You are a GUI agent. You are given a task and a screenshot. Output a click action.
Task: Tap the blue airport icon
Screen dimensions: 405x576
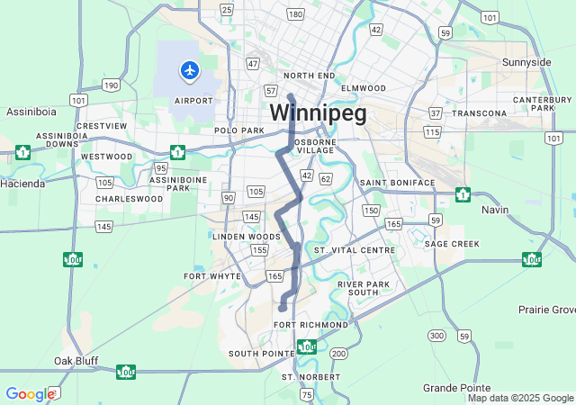[x=189, y=69]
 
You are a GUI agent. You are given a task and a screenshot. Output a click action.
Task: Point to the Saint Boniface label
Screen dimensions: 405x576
[x=397, y=183]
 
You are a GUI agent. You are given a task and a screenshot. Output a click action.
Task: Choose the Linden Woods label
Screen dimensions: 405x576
[x=239, y=236]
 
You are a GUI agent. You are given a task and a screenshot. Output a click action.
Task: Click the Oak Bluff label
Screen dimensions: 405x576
[x=76, y=361]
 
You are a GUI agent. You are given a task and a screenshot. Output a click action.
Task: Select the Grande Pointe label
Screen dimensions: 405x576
[x=455, y=387]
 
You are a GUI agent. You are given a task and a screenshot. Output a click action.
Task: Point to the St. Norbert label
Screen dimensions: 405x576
[x=311, y=376]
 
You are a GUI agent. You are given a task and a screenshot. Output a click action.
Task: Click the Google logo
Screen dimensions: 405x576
[x=30, y=394]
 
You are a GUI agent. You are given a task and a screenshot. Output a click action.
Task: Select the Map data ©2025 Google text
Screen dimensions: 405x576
[x=520, y=398]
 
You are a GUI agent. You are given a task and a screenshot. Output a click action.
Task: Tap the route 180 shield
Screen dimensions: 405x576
[x=295, y=14]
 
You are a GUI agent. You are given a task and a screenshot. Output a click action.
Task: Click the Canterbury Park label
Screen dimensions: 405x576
[x=544, y=103]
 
